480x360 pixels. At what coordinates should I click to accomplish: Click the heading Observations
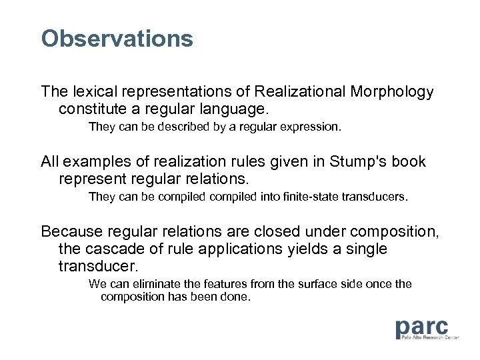[117, 39]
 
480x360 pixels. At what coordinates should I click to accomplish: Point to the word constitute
[91, 107]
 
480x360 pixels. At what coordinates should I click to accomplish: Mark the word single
[367, 249]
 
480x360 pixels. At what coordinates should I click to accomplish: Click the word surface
[304, 284]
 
